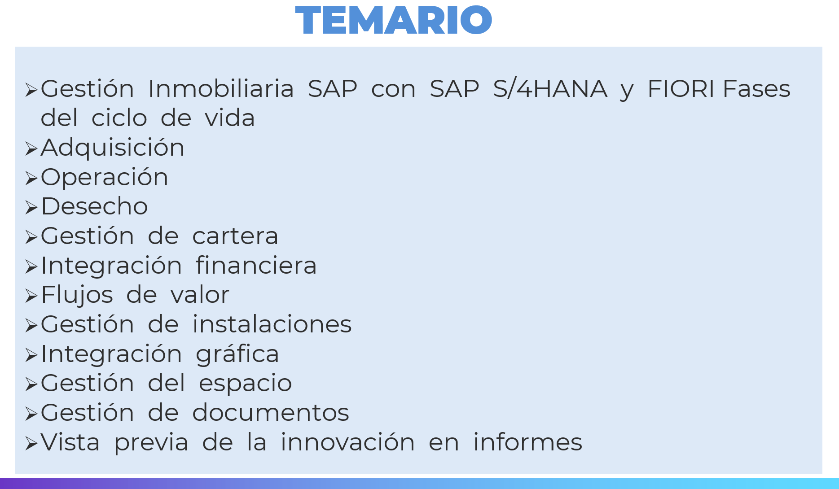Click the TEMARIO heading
[394, 20]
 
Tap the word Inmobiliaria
[221, 88]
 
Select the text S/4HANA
[550, 88]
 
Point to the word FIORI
[681, 88]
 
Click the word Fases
[756, 88]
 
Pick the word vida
[230, 118]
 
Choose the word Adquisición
[113, 148]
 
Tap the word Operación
[105, 177]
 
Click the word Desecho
[94, 206]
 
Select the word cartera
[235, 236]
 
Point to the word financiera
[256, 265]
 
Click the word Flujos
[77, 295]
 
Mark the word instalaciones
[272, 324]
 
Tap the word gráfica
[237, 354]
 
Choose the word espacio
[245, 384]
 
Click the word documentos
[271, 413]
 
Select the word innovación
[347, 442]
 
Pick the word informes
[527, 442]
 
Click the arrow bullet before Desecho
[31, 208]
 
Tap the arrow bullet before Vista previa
[31, 444]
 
